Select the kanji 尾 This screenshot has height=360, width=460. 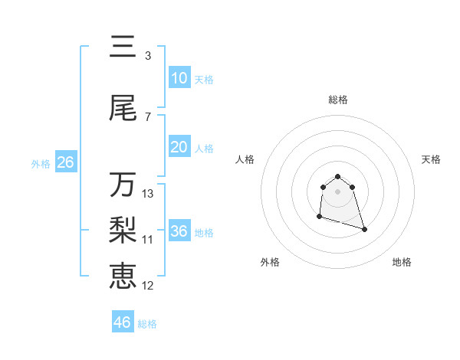pos(123,109)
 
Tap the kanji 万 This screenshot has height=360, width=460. pos(123,185)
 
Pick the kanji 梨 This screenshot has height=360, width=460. pos(123,229)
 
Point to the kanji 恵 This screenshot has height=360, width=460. pos(123,275)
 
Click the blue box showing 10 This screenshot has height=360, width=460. pos(179,78)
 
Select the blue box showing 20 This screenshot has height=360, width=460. pos(179,147)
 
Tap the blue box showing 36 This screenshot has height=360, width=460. pos(179,231)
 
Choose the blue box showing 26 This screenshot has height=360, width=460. pos(65,162)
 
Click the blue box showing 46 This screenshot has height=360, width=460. pos(123,322)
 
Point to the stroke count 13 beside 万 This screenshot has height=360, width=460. pos(148,194)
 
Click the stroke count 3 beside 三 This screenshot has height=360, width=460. pos(147,56)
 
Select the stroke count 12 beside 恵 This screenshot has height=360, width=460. pos(148,286)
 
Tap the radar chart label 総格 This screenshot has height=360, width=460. pos(337,100)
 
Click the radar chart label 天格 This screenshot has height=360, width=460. pos(431,159)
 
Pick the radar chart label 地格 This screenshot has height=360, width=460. pos(402,262)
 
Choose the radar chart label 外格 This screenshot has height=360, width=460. pos(270,262)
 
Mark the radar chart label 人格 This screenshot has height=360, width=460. pos(245,159)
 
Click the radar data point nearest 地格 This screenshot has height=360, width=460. pos(364,229)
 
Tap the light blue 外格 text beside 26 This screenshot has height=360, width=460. pos(41,163)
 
